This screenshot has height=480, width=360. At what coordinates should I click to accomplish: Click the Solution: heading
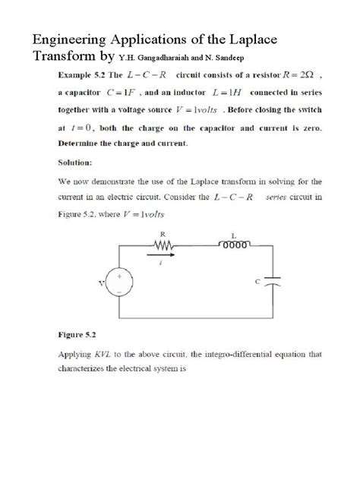tap(77, 161)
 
